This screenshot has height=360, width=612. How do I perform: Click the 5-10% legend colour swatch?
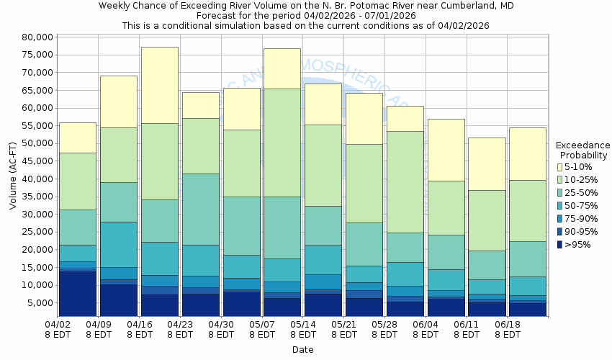560,167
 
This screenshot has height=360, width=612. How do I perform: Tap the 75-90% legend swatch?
560,219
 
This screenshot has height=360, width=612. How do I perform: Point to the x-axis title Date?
302,349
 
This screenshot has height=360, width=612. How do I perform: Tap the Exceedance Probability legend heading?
582,150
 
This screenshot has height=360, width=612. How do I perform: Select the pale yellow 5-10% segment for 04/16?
160,85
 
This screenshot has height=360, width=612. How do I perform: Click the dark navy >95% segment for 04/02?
78,293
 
